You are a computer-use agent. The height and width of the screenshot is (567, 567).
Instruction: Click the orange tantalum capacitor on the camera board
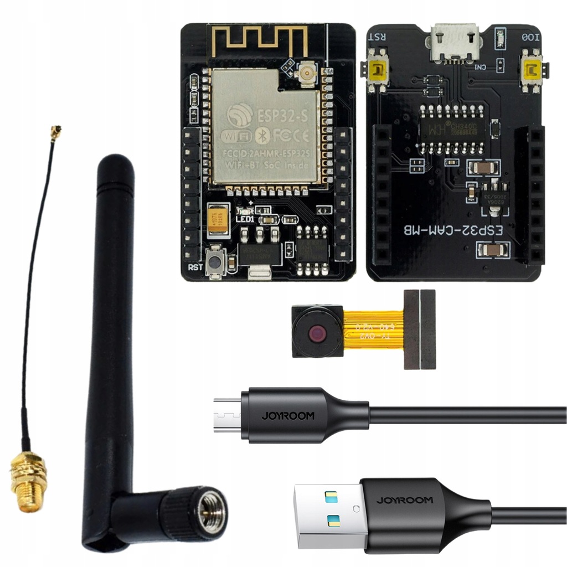[x=218, y=217]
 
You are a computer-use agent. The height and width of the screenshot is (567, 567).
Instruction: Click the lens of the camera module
[x=317, y=334]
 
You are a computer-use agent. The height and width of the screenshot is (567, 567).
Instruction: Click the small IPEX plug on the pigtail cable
[x=55, y=132]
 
